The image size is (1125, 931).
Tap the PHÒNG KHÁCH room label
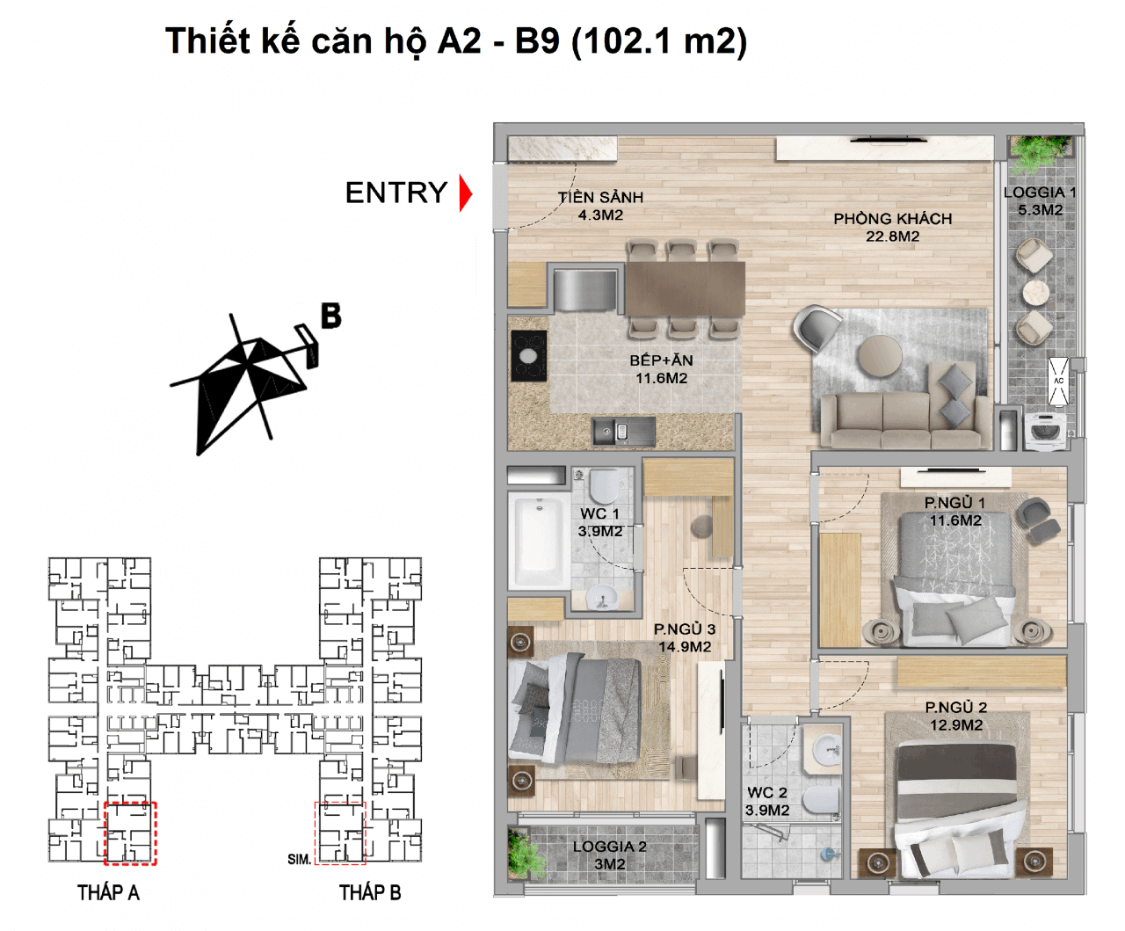[x=892, y=219]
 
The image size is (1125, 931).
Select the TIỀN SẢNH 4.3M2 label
[x=601, y=206]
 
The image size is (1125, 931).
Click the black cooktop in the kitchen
[x=528, y=356]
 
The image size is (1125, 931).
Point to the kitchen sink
[x=624, y=432]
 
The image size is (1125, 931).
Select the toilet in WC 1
[x=604, y=486]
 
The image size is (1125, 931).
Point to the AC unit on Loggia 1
[x=1058, y=382]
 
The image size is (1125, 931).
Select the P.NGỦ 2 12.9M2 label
[x=956, y=716]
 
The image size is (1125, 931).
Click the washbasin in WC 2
[x=826, y=750]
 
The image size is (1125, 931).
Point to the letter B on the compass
[x=330, y=316]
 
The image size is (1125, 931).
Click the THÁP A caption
[x=108, y=892]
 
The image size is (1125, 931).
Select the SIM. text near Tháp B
[x=299, y=859]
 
